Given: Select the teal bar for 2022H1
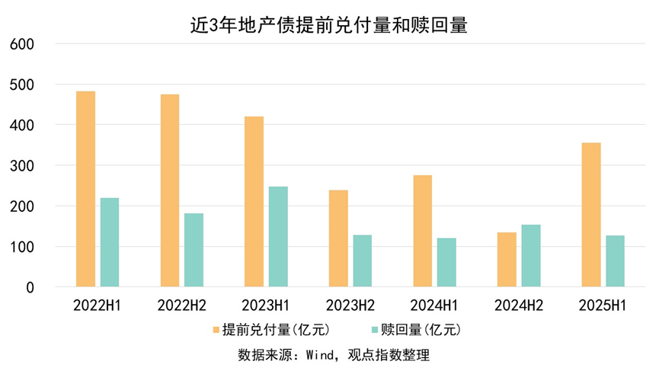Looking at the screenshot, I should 110,242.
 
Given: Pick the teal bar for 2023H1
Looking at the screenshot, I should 278,237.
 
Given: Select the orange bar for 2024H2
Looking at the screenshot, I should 507,260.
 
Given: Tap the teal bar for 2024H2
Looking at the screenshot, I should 531,256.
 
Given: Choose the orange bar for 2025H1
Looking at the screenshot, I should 591,215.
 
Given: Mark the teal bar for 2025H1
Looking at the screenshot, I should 615,261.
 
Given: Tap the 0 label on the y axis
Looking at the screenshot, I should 30,288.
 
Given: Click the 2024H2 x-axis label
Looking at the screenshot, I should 518,305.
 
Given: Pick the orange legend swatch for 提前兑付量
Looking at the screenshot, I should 216,330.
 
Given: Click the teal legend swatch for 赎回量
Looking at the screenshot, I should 374,330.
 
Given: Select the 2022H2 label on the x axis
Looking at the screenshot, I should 181,305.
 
